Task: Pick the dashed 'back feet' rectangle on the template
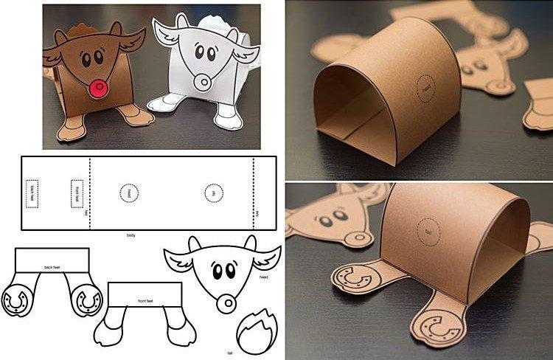coord(32,193)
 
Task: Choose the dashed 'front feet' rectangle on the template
coord(77,193)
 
